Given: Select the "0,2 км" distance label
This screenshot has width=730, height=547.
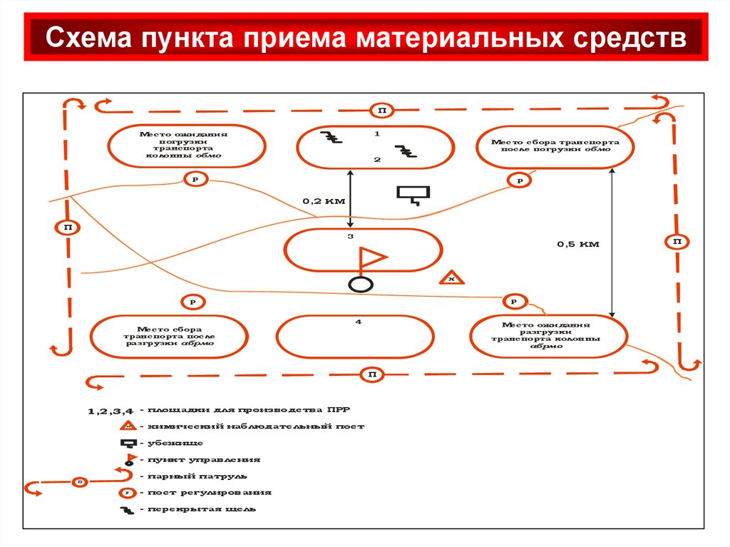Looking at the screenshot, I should [324, 201].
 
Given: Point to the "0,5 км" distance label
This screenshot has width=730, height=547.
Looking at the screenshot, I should [578, 244].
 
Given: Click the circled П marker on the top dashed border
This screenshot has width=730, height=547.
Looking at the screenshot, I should [382, 110].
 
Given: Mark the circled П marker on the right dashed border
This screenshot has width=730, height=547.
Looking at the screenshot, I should [677, 242].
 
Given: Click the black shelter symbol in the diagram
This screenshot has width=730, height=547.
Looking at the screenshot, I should [413, 194].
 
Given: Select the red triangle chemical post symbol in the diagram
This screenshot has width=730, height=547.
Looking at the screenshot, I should [451, 278].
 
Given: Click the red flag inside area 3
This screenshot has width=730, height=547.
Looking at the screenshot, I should [371, 258].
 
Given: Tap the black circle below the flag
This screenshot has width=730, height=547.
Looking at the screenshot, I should [361, 284].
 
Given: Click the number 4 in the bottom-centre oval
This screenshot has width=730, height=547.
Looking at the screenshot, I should [359, 322].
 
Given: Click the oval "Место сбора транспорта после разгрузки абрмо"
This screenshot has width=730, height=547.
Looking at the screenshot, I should [170, 336].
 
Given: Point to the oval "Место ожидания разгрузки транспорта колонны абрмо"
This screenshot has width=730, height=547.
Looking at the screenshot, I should [548, 335].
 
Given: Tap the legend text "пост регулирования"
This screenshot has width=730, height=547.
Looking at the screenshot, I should [210, 492].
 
